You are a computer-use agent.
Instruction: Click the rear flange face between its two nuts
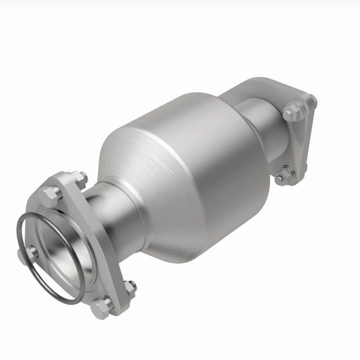pyautogui.click(x=299, y=144)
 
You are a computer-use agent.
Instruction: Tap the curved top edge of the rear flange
pyautogui.click(x=270, y=83)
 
